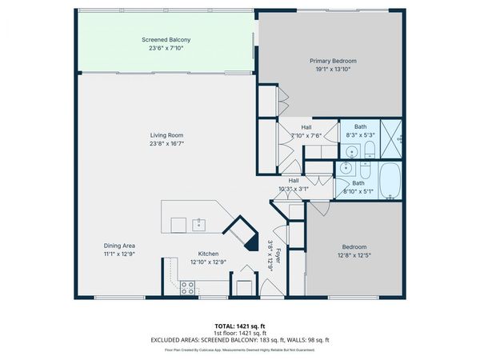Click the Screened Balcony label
[x=166, y=39]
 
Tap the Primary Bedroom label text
[x=333, y=61]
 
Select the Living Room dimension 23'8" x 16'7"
[x=166, y=143]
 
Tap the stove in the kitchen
[x=189, y=286]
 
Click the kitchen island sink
[x=198, y=224]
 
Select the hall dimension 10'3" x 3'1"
[x=294, y=189]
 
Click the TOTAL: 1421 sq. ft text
[x=239, y=326]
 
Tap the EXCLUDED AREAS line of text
[x=239, y=339]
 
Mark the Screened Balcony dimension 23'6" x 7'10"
[x=166, y=48]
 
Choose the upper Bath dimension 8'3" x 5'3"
[x=361, y=135]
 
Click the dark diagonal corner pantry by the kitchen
[x=238, y=230]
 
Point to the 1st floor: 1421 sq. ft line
[x=239, y=333]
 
